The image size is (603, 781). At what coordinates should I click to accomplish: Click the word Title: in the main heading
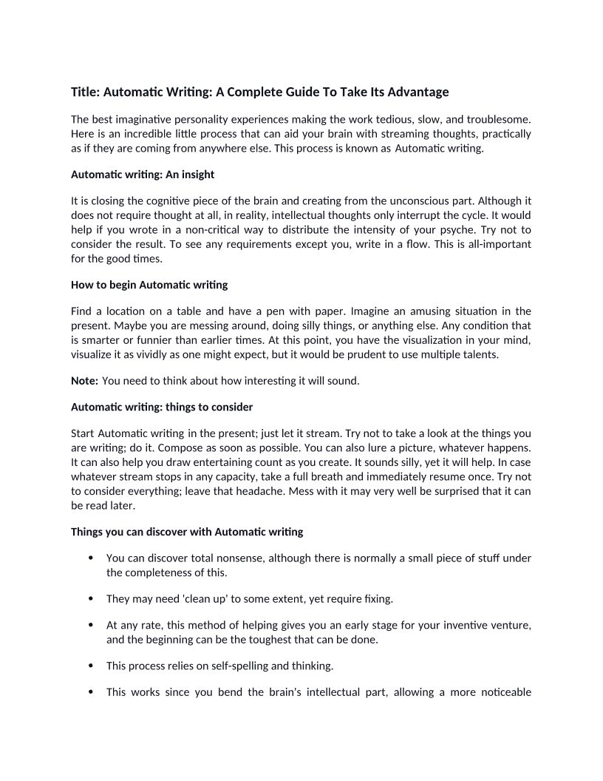(86, 92)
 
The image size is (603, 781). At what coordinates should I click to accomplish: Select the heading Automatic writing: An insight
(143, 175)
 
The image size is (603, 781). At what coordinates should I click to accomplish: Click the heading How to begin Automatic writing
(149, 285)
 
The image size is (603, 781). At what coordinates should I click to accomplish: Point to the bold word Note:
(84, 381)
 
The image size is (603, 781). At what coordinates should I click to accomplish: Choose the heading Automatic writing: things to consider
(162, 408)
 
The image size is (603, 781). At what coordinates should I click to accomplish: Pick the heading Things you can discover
(187, 532)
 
